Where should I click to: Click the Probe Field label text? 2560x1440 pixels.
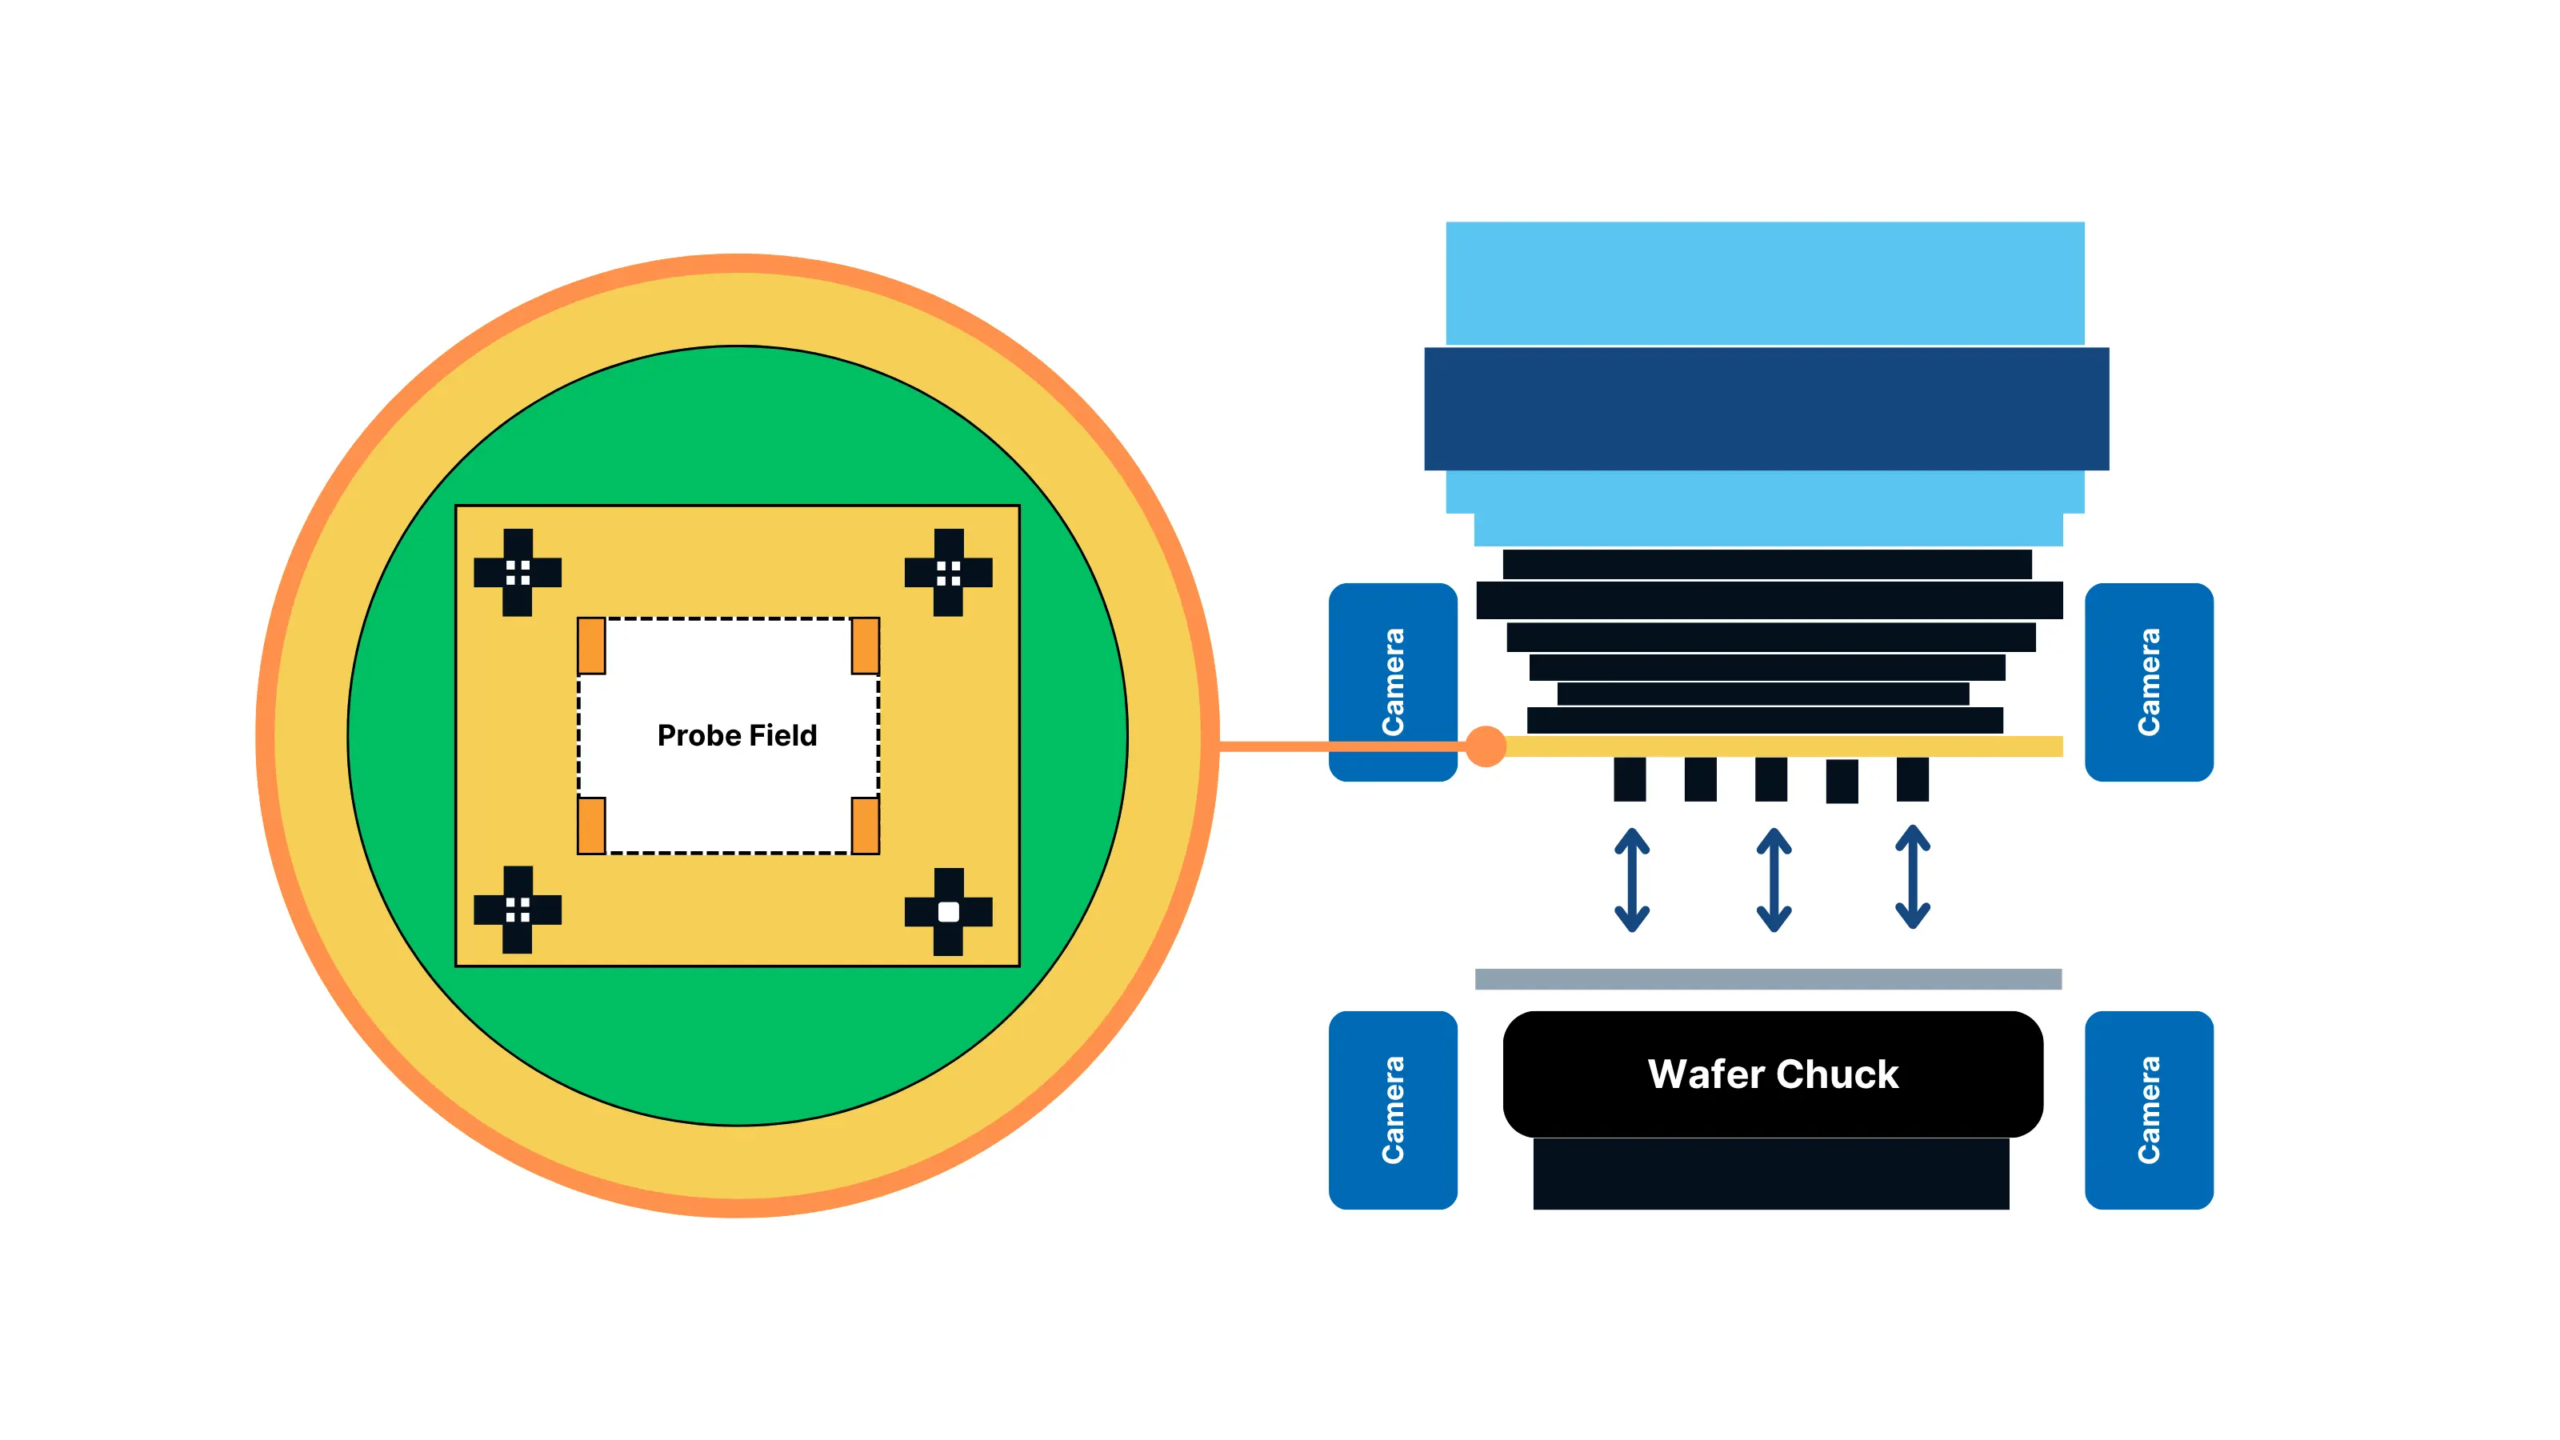(736, 735)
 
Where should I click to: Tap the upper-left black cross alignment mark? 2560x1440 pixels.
(517, 573)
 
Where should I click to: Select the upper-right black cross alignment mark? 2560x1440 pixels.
(948, 573)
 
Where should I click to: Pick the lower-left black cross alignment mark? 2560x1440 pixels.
(517, 910)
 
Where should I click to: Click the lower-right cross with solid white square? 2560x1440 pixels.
(948, 911)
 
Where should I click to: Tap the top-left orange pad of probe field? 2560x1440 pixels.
(591, 646)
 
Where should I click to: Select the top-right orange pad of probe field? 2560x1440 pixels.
(865, 646)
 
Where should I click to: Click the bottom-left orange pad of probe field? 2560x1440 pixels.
(591, 825)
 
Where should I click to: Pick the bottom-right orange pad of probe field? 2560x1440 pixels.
(865, 825)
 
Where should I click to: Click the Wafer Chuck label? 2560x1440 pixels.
(1772, 1074)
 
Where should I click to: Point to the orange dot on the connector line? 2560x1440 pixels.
(1485, 746)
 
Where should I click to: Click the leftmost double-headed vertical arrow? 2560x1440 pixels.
(1631, 879)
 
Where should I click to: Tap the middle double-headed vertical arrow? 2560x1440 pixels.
(1773, 879)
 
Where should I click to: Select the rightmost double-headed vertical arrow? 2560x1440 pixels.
(1912, 878)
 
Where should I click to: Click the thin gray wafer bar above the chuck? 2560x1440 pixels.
(1767, 979)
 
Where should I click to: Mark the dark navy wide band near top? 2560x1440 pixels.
(1766, 409)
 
